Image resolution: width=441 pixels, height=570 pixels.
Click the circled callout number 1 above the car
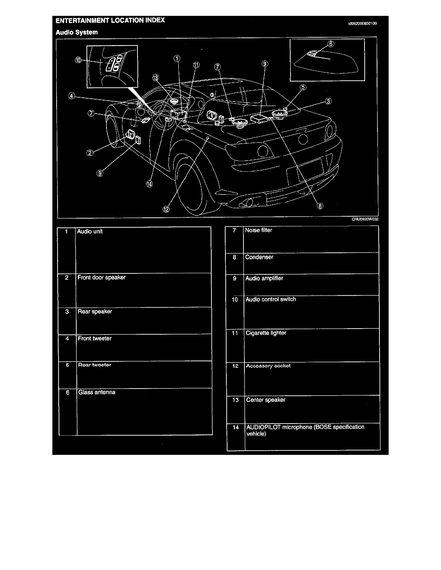(x=177, y=58)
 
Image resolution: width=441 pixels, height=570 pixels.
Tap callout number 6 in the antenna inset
(x=330, y=43)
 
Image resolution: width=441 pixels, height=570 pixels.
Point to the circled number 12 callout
(x=166, y=209)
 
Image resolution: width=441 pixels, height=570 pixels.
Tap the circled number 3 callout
(x=328, y=101)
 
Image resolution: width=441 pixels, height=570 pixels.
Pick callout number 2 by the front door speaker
(x=90, y=153)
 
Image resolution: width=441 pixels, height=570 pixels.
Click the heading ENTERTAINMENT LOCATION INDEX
(x=110, y=21)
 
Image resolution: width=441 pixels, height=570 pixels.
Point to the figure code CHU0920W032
(x=365, y=220)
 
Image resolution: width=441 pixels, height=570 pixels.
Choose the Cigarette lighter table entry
(x=266, y=333)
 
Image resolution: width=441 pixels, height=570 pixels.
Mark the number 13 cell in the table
(x=235, y=400)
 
